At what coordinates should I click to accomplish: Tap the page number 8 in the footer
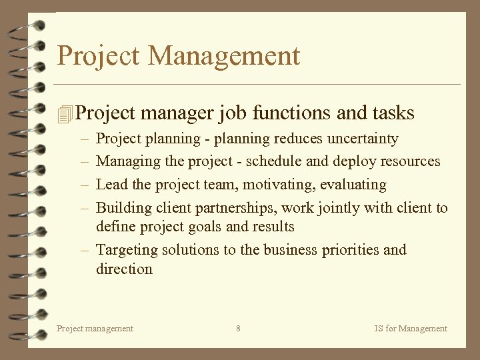(x=239, y=328)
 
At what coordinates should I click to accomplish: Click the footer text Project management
(x=95, y=328)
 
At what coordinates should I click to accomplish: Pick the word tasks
(x=393, y=113)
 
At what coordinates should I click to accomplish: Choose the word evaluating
(x=353, y=184)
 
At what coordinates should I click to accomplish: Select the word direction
(x=124, y=269)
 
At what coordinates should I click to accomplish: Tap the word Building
(x=124, y=207)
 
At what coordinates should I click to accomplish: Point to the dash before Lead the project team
(x=87, y=185)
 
